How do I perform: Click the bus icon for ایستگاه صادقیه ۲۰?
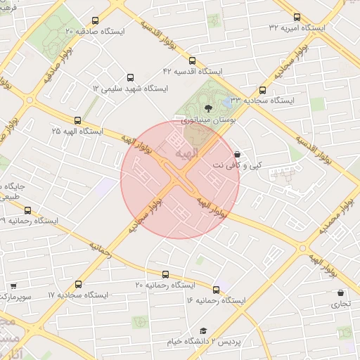(x=96, y=20)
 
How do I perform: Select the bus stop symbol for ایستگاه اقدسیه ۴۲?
(x=193, y=60)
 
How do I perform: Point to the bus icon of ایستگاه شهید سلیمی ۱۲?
(x=129, y=78)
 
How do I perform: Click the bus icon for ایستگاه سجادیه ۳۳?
(x=262, y=90)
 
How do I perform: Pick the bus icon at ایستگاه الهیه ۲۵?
(x=77, y=120)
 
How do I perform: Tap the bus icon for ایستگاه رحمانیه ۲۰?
(x=165, y=274)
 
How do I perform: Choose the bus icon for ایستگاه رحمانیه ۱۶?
(x=216, y=290)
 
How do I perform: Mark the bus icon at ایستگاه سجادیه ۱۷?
(x=78, y=285)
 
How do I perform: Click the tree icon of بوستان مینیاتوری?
(x=208, y=108)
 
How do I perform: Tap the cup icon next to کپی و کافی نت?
(x=236, y=153)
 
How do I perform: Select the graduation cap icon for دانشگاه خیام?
(x=203, y=330)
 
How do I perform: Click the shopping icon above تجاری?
(x=341, y=292)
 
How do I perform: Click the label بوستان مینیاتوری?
(x=207, y=121)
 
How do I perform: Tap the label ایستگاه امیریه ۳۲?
(x=297, y=28)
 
